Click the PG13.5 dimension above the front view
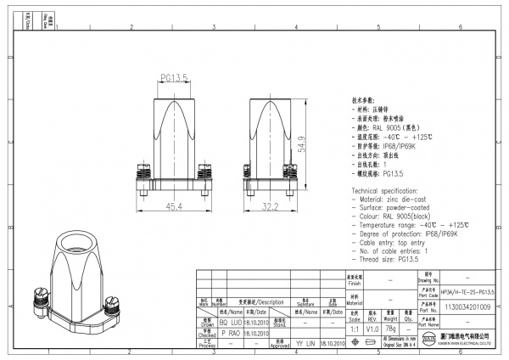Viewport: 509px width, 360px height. (x=175, y=78)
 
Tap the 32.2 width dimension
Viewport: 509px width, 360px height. (x=271, y=205)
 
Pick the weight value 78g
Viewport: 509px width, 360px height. (x=391, y=328)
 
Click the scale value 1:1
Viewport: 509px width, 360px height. (x=355, y=328)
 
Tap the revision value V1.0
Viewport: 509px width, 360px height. (x=372, y=328)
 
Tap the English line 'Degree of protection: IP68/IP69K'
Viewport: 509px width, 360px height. (x=412, y=233)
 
